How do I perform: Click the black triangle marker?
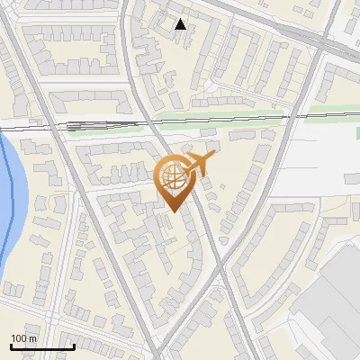(x=181, y=24)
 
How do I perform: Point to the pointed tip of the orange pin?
(x=174, y=211)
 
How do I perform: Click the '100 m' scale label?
(x=24, y=338)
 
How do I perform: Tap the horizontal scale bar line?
(x=42, y=346)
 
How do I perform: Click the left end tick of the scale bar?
(x=11, y=345)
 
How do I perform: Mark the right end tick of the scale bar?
(x=74, y=345)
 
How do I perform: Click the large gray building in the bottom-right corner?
(x=337, y=306)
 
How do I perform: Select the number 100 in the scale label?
(x=19, y=338)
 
